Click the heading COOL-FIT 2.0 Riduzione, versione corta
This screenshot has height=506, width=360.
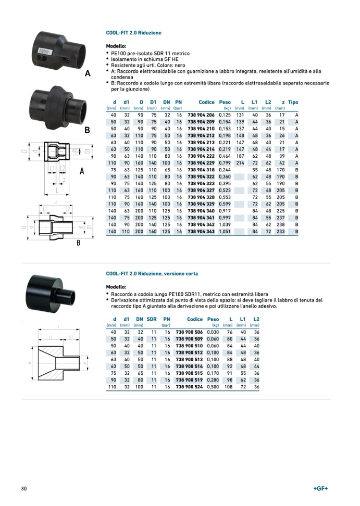pos(152,273)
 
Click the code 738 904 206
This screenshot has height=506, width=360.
pos(201,115)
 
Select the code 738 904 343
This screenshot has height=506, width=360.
pos(201,231)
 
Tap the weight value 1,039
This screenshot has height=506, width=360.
pos(225,224)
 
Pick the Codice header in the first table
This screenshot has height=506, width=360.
pos(206,102)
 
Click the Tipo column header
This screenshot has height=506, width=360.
pos(293,102)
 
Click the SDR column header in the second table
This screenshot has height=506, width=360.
pos(152,319)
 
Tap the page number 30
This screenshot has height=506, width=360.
pos(24,488)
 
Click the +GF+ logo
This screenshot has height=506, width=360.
pos(321,488)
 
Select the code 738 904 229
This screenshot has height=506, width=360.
pos(201,163)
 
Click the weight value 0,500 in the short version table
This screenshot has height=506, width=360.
pos(213,387)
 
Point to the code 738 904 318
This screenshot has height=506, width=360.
pos(201,170)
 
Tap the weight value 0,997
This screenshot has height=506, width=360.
pos(225,218)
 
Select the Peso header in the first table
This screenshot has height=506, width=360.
pos(225,102)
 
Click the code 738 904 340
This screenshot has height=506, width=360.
pos(201,211)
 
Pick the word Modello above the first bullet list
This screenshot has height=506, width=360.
pos(116,46)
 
